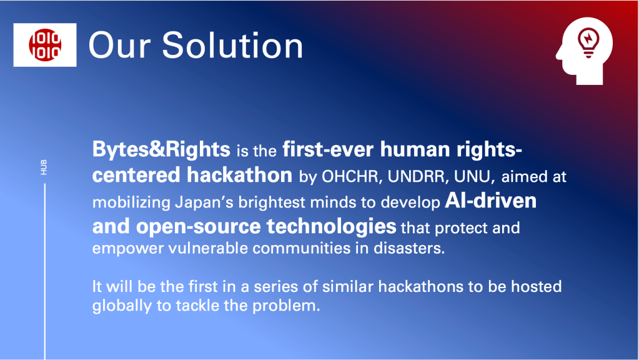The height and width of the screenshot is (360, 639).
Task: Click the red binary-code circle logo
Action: pyautogui.click(x=45, y=45)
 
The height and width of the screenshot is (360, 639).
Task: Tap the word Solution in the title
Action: pyautogui.click(x=233, y=45)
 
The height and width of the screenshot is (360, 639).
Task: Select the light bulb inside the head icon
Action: pyautogui.click(x=588, y=42)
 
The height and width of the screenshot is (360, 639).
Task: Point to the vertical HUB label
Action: pyautogui.click(x=44, y=167)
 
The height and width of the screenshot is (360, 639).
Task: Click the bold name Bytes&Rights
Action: pyautogui.click(x=161, y=149)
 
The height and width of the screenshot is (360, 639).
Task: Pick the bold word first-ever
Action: pyautogui.click(x=328, y=149)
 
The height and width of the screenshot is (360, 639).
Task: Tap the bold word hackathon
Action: pyautogui.click(x=240, y=175)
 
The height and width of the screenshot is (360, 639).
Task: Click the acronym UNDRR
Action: pyautogui.click(x=418, y=176)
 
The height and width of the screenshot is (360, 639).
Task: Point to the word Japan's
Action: pyautogui.click(x=204, y=202)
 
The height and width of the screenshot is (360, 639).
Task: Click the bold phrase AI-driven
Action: pyautogui.click(x=491, y=201)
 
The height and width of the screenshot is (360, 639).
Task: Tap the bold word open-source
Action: pyautogui.click(x=199, y=227)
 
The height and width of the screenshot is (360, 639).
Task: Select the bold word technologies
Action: pyautogui.click(x=331, y=227)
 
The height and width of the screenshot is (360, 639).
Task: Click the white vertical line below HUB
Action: pyautogui.click(x=45, y=271)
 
